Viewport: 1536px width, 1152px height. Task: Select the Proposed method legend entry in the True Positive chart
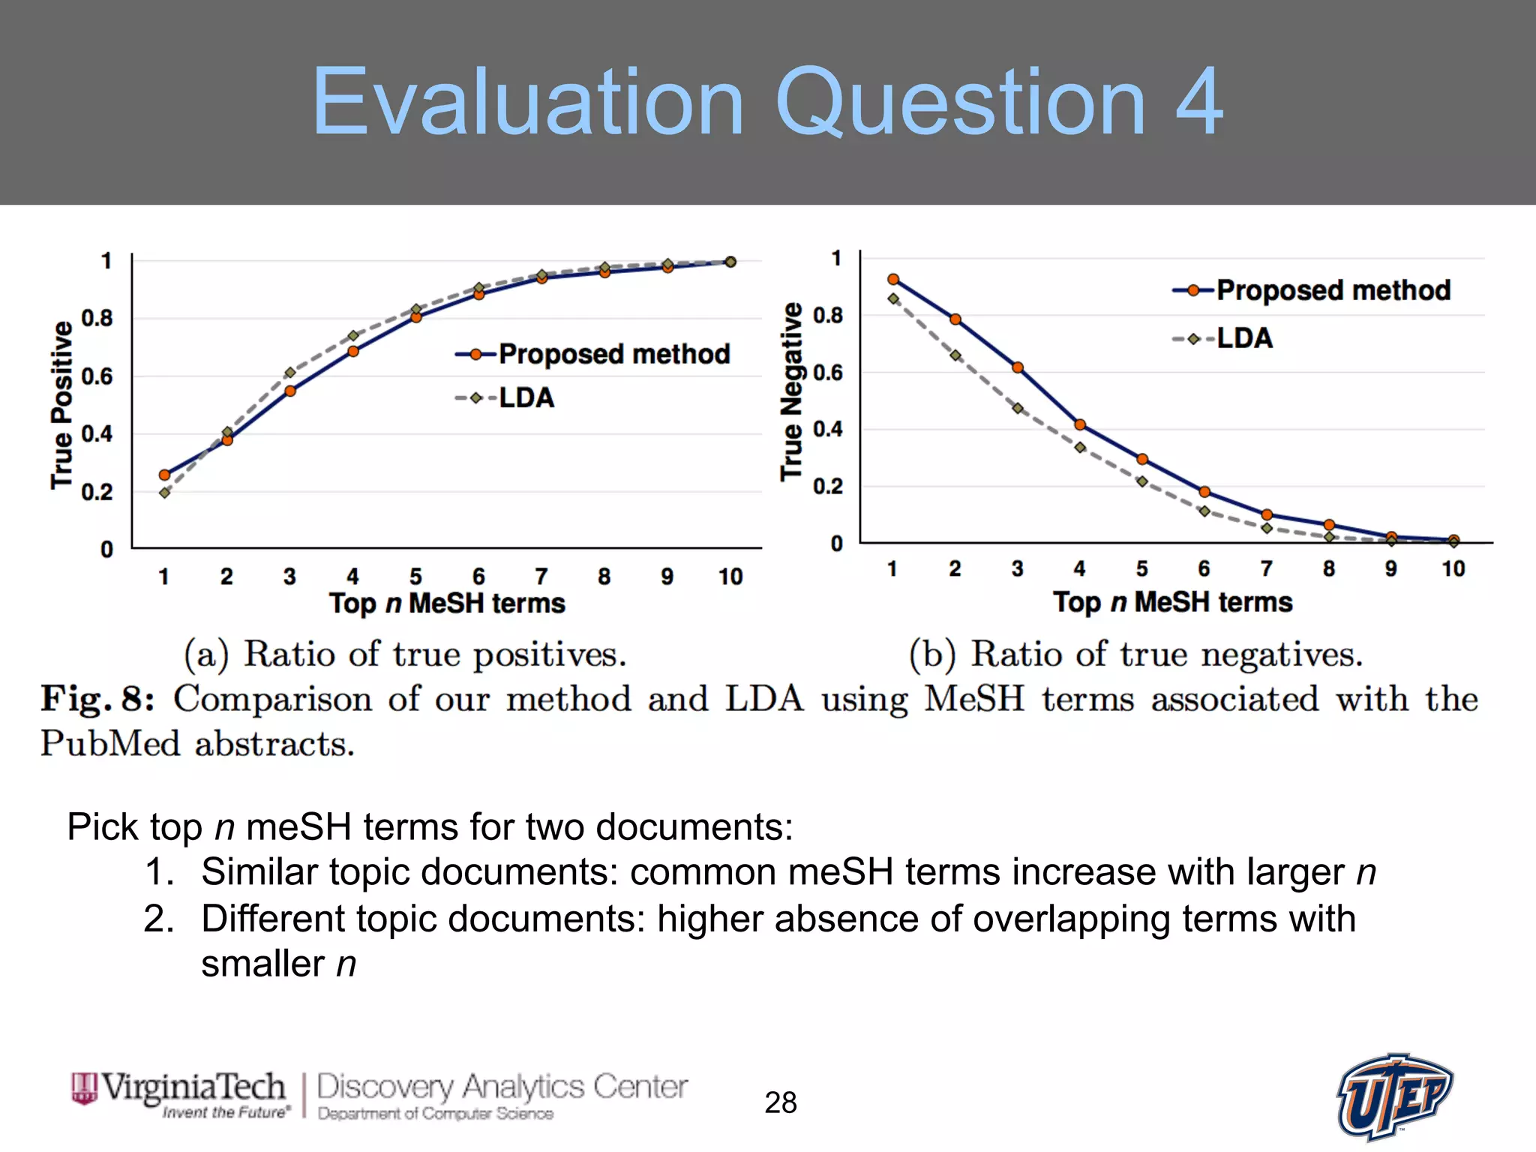[x=592, y=354]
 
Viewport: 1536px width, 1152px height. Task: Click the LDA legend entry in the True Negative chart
[x=1223, y=338]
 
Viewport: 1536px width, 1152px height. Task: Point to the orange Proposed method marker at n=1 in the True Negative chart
[x=892, y=279]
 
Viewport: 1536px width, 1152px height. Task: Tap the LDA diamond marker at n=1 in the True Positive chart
[x=164, y=493]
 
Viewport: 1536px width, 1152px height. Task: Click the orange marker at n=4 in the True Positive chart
[x=353, y=351]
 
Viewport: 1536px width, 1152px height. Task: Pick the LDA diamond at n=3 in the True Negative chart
[x=1018, y=409]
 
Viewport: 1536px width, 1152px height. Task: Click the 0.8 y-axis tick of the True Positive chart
[x=97, y=318]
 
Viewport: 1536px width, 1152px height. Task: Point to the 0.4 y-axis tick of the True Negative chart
[x=827, y=429]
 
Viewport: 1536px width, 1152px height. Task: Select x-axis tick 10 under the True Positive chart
[x=730, y=577]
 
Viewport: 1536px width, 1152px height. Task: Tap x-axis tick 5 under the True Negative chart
[x=1141, y=569]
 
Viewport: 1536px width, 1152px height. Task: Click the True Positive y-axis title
[x=61, y=405]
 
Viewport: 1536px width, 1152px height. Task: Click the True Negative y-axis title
[x=792, y=391]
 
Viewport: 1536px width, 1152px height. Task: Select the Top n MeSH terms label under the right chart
[x=1172, y=602]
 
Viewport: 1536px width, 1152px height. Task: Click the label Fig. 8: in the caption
[x=97, y=699]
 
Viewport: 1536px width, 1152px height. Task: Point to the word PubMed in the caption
[x=110, y=744]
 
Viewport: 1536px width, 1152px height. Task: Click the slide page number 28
[x=780, y=1102]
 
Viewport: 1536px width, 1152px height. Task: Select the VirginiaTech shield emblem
[x=84, y=1089]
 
